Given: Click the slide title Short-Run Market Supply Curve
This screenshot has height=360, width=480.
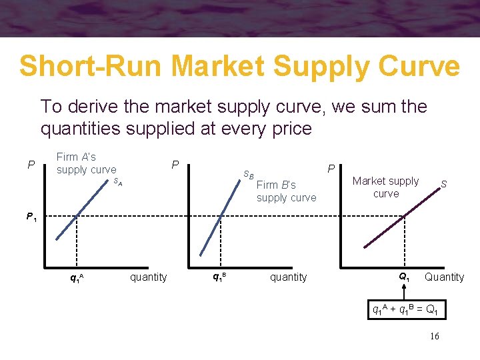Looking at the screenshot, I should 239,66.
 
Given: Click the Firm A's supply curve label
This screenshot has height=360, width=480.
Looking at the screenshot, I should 86,163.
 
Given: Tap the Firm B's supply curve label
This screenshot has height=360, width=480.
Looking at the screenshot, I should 286,191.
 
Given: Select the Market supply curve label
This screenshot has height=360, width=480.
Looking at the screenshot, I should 385,187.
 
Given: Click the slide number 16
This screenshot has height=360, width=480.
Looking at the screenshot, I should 434,337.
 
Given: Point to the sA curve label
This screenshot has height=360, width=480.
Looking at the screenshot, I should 118,181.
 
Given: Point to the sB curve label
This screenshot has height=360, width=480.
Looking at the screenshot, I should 248,175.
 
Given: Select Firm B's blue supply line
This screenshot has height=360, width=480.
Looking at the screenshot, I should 223,213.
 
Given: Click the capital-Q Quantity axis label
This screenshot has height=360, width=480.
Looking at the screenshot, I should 444,277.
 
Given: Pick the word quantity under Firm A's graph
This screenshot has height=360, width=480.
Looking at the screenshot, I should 148,277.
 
